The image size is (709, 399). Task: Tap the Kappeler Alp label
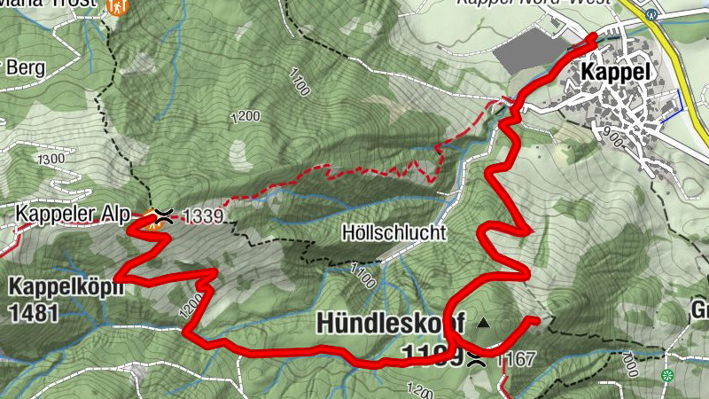coord(74,214)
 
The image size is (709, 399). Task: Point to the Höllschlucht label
coord(393,234)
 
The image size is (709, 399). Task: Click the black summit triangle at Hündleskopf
coord(483,323)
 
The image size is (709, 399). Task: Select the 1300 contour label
coord(51,158)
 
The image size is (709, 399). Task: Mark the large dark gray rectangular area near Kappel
coord(532,51)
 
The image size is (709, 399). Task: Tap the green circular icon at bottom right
coord(666,375)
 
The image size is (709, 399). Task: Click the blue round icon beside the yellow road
coord(652,14)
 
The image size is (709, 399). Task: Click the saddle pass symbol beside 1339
coord(164,214)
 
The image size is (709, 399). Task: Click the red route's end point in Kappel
coord(593,36)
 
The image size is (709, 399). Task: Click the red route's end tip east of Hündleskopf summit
coord(535,319)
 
